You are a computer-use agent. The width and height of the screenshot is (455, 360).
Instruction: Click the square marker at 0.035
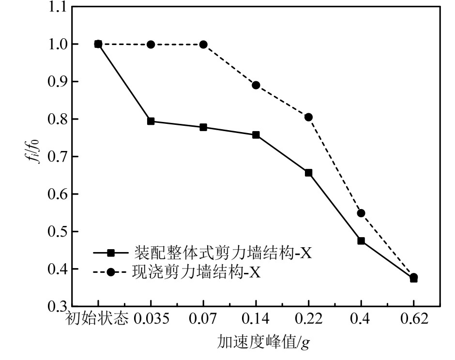[151, 121]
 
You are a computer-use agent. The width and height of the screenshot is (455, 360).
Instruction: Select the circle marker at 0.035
[151, 45]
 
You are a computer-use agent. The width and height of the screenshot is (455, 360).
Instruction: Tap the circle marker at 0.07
[203, 45]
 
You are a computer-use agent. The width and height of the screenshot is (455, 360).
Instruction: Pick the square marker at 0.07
[203, 127]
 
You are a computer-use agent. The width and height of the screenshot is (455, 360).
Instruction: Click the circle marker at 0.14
[256, 85]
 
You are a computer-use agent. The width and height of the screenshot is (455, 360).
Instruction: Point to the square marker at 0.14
[256, 135]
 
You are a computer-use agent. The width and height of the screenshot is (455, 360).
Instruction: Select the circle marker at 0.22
[308, 117]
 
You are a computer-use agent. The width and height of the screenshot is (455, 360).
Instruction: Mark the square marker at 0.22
[308, 173]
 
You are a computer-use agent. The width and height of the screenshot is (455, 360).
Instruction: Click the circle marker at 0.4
[361, 213]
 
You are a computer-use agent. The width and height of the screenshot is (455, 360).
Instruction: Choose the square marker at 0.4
[361, 240]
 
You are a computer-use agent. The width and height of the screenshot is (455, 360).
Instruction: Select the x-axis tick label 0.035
[151, 321]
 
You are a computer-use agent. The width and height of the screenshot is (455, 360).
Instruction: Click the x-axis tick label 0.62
[413, 321]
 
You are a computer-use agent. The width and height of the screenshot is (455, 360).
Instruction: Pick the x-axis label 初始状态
[97, 321]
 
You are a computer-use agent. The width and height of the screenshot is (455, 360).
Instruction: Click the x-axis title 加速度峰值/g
[263, 343]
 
